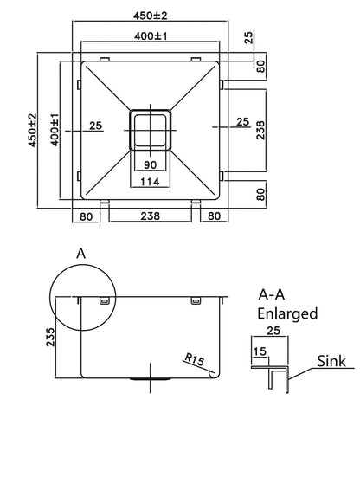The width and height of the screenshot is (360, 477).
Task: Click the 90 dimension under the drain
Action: click(151, 164)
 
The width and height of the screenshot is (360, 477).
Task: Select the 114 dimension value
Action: click(151, 183)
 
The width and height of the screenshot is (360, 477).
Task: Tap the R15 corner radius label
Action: click(194, 358)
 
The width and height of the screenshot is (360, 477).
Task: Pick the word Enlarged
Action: click(288, 313)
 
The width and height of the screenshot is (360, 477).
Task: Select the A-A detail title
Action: click(274, 293)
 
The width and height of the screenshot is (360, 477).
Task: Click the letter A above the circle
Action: click(81, 253)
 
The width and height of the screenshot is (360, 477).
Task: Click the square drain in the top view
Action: click(151, 130)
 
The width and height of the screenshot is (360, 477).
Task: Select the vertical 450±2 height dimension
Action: click(32, 130)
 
